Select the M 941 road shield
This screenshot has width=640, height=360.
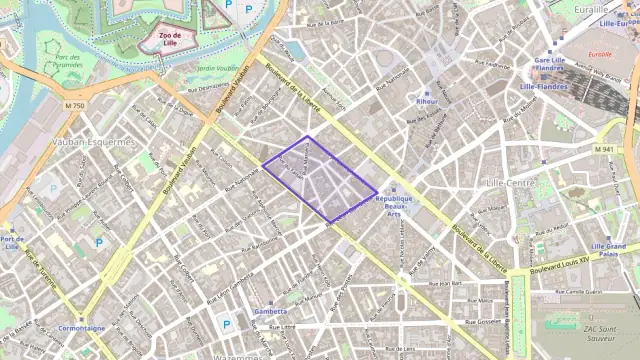(602, 149)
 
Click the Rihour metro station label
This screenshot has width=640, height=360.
(427, 101)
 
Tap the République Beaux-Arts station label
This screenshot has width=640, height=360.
(394, 205)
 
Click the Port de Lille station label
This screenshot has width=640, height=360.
(12, 243)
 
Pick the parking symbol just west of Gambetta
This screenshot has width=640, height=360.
(226, 324)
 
